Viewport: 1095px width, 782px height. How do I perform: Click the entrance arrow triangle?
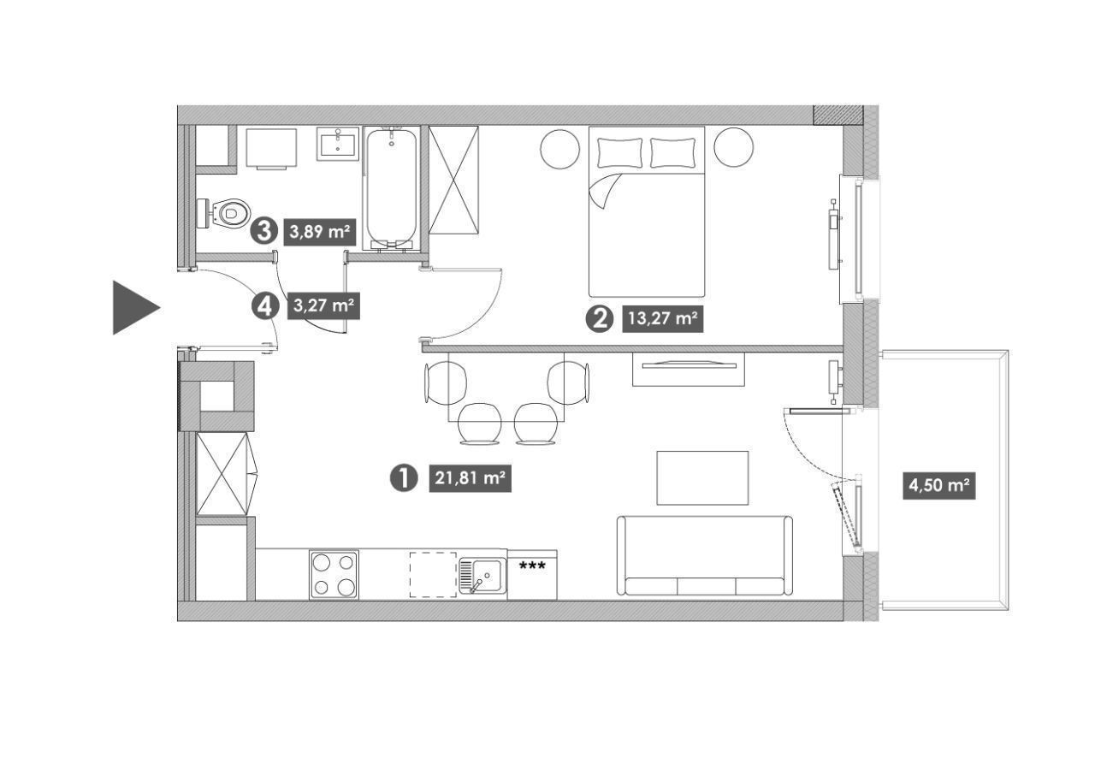(x=132, y=307)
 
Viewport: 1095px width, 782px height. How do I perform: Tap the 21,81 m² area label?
(x=470, y=477)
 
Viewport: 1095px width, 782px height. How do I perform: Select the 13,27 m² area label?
(x=662, y=318)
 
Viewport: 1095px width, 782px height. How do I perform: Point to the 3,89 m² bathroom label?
(x=320, y=231)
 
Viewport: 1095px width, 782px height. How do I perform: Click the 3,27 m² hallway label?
(x=324, y=305)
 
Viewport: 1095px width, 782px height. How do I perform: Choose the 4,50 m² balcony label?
(x=939, y=485)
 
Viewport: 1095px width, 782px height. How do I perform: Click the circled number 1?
(x=404, y=477)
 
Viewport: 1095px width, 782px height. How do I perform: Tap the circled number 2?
(x=600, y=319)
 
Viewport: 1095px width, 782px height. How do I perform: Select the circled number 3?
(x=264, y=231)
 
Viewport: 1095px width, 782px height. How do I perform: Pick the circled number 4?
(x=264, y=306)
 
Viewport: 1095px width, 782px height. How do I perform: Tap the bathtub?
(x=392, y=189)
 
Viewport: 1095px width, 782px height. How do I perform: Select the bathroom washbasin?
(x=338, y=144)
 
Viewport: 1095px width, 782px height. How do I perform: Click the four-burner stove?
(x=334, y=574)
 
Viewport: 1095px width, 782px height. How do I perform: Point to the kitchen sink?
(x=482, y=576)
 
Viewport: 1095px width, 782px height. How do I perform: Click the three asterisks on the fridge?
(x=532, y=566)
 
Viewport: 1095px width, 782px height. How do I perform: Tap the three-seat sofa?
(x=704, y=556)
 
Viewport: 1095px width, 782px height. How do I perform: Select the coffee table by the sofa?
(x=702, y=477)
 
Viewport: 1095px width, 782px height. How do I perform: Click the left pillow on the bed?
(x=619, y=152)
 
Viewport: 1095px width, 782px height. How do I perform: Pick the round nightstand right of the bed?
(x=733, y=148)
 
